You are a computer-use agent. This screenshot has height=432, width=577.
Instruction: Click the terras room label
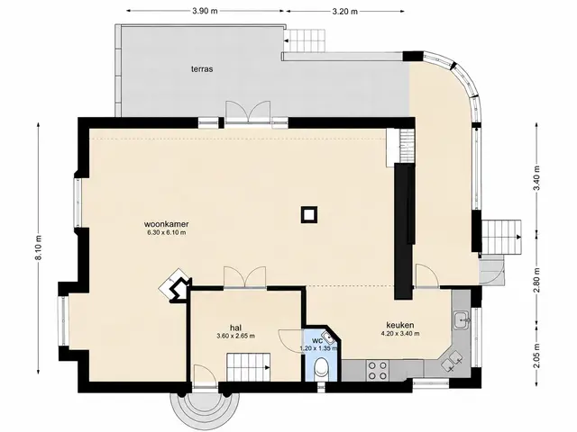click(202, 68)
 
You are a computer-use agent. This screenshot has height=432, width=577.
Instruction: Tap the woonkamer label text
click(166, 224)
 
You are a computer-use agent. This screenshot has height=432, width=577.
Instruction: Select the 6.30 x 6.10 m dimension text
click(166, 232)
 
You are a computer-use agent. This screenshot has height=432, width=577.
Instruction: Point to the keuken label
click(400, 325)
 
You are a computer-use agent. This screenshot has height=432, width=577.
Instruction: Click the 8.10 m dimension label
click(39, 247)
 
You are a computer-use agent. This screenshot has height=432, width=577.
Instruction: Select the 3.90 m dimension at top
click(205, 11)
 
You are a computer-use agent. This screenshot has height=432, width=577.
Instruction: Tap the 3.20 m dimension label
click(344, 12)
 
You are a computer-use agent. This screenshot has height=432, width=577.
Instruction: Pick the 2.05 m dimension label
click(537, 355)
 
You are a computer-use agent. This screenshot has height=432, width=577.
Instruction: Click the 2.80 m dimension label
click(537, 280)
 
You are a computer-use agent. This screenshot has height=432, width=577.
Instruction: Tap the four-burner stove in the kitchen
click(378, 370)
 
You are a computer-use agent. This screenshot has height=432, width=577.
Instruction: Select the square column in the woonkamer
click(309, 214)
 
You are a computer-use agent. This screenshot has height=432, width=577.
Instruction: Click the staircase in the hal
click(249, 367)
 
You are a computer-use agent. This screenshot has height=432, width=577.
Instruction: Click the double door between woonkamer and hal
click(244, 277)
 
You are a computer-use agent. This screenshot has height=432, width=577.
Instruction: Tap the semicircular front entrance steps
click(205, 407)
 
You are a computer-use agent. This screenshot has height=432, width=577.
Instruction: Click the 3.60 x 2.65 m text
click(236, 336)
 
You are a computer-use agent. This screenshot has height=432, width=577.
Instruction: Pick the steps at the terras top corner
click(305, 40)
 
